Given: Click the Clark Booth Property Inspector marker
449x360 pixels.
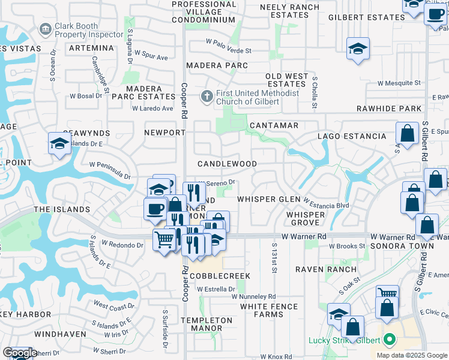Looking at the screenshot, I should [x=45, y=29].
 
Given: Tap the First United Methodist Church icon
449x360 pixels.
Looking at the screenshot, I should [x=206, y=96].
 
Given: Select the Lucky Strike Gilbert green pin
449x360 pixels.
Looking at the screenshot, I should [x=390, y=340].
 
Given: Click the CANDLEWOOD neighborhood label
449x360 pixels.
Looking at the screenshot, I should [x=228, y=164].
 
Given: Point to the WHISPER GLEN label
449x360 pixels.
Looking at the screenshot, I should [x=268, y=199].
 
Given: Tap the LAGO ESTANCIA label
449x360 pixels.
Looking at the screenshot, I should [x=352, y=136].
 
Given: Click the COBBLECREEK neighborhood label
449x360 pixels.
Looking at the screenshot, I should [x=220, y=275].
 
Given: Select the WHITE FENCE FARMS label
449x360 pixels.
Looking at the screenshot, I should [x=269, y=310].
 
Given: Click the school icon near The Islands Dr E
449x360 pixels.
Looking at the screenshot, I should [x=59, y=143].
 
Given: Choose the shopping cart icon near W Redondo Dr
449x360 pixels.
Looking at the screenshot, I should [x=164, y=240].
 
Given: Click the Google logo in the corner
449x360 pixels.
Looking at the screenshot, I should [x=19, y=353].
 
